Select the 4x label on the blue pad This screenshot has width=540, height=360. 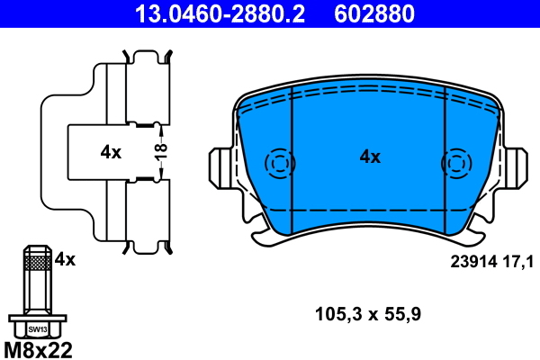tap(370, 157)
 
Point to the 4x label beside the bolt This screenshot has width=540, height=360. tap(65, 259)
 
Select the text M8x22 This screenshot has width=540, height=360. tap(38, 348)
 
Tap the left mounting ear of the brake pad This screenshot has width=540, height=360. tap(221, 165)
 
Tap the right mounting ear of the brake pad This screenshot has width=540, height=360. tap(516, 165)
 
